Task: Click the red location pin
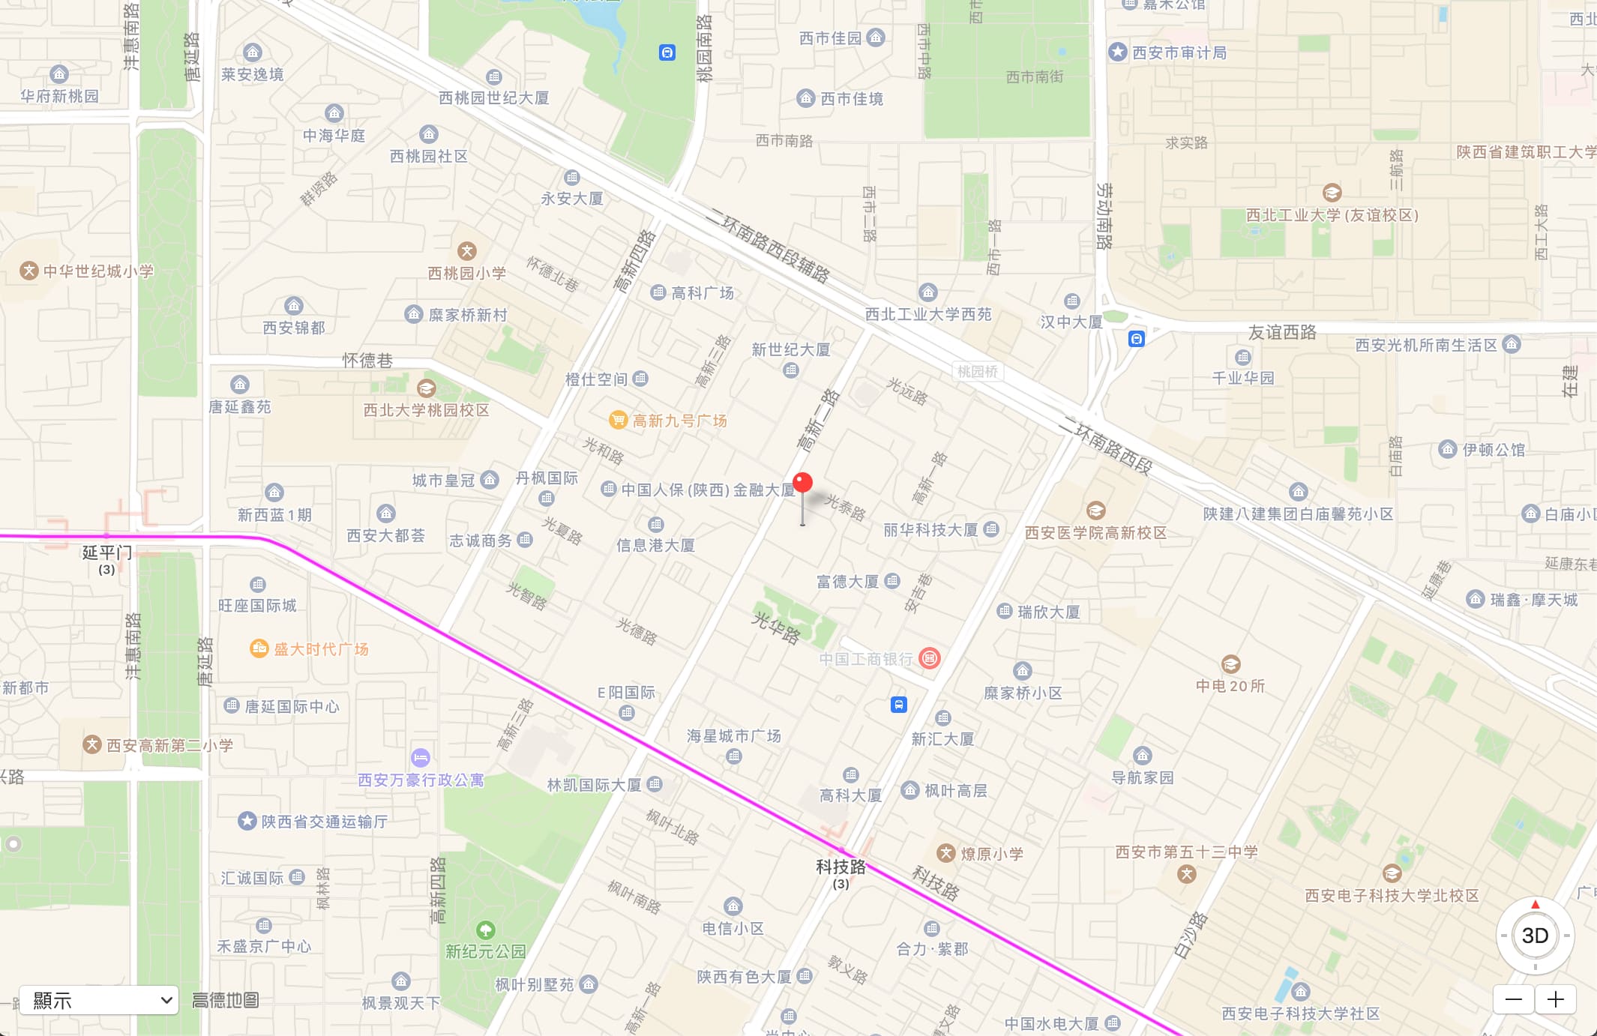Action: [x=802, y=484]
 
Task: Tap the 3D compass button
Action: [x=1535, y=936]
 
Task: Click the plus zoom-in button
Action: [x=1556, y=999]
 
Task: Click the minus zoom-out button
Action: [x=1514, y=999]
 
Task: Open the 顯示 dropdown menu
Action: [x=99, y=1000]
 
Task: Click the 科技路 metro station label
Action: [x=840, y=867]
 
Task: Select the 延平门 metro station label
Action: [x=106, y=553]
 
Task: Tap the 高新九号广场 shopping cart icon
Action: [x=618, y=420]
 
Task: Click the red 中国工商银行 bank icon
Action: [x=930, y=658]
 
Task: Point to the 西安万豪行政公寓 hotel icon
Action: [x=421, y=757]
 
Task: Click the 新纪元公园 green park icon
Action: [x=486, y=930]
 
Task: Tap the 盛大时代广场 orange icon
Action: [x=259, y=648]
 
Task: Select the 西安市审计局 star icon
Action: [x=1118, y=52]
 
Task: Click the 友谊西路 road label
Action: [x=1282, y=332]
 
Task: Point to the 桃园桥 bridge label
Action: [x=978, y=371]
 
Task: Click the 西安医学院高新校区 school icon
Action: [x=1095, y=511]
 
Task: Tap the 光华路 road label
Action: [x=776, y=627]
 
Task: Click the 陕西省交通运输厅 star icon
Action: [x=247, y=821]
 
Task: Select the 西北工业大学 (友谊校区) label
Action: [x=1332, y=215]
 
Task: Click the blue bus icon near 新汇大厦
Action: [x=899, y=705]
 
